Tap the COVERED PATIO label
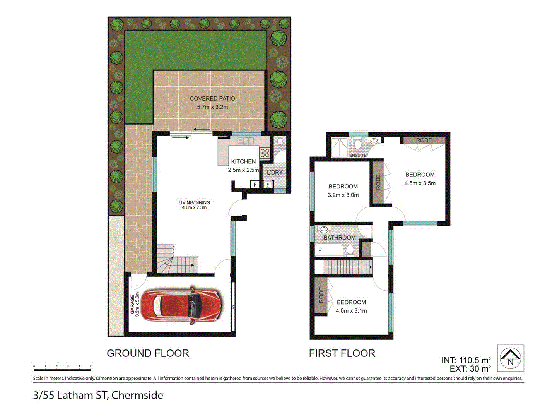click(212, 99)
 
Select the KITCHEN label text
click(243, 161)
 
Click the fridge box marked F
click(255, 185)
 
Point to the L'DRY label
click(275, 172)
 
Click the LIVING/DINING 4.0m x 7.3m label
click(194, 205)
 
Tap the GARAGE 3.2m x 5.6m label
click(135, 305)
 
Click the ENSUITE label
click(358, 155)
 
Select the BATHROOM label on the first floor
click(340, 238)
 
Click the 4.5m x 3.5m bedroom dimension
click(420, 183)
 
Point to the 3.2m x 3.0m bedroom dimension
click(343, 195)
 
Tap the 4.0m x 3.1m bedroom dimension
click(351, 311)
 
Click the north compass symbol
click(510, 358)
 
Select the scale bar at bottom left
click(62, 368)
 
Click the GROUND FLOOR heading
click(148, 353)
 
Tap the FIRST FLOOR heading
click(342, 353)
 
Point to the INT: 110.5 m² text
click(466, 360)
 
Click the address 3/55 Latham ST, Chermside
click(98, 395)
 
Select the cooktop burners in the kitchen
click(265, 153)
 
